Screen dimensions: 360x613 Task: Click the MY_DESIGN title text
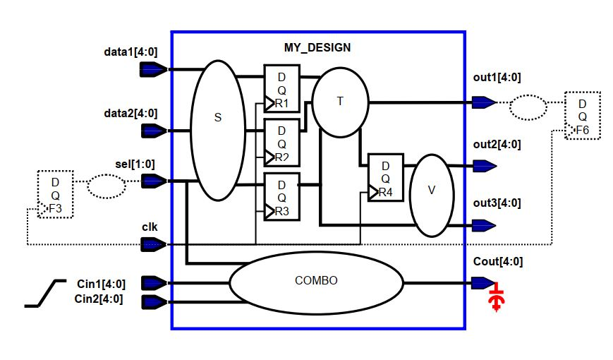(x=317, y=48)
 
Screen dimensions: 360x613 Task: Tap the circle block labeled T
(x=340, y=102)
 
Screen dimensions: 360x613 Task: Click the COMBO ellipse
(x=315, y=280)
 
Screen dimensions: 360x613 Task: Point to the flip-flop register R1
(x=281, y=88)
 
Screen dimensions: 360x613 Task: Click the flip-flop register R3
(x=281, y=196)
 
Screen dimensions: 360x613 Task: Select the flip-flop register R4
(x=385, y=177)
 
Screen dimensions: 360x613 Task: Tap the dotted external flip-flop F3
(x=55, y=194)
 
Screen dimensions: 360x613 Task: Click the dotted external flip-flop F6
(x=582, y=114)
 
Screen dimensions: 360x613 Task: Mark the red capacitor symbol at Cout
(x=497, y=299)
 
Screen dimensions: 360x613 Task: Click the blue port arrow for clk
(x=153, y=244)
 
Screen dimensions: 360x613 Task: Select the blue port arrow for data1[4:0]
(x=153, y=69)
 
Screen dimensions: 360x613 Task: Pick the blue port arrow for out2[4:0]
(x=483, y=166)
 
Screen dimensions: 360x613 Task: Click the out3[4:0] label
(x=497, y=204)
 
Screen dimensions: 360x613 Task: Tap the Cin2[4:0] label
(x=99, y=299)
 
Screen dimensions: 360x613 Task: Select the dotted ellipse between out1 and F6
(x=528, y=107)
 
